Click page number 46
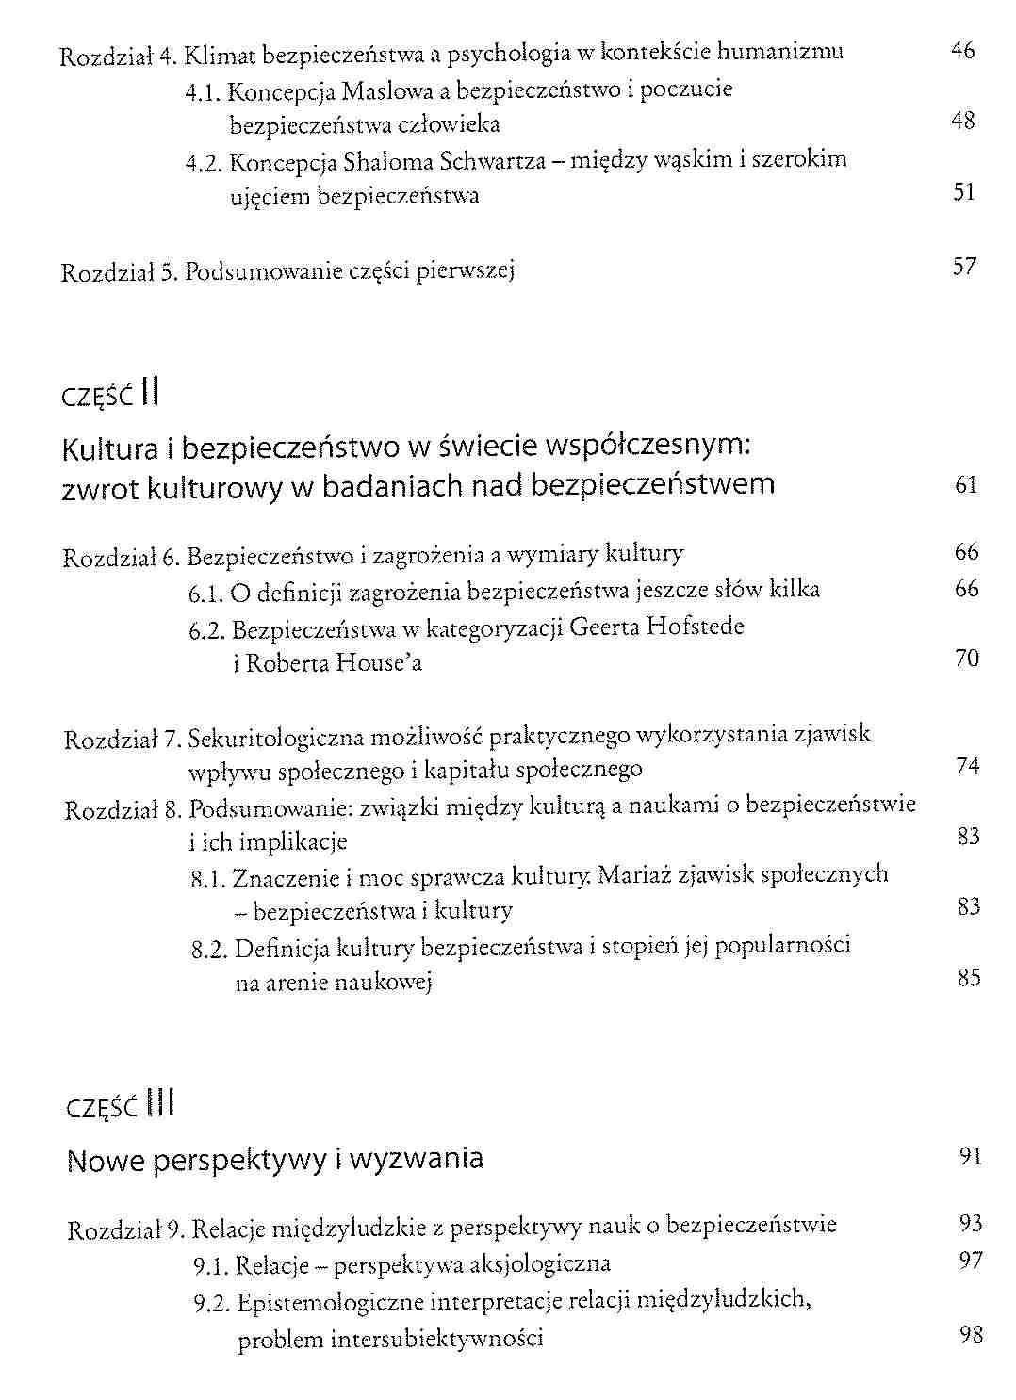coord(962,50)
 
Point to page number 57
coord(964,267)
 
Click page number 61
coord(966,485)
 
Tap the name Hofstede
coord(696,627)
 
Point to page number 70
coord(967,658)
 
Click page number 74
coord(967,766)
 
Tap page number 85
coord(969,977)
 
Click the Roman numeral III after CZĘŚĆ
coord(160,1102)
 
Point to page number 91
coord(971,1156)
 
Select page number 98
coord(971,1334)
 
